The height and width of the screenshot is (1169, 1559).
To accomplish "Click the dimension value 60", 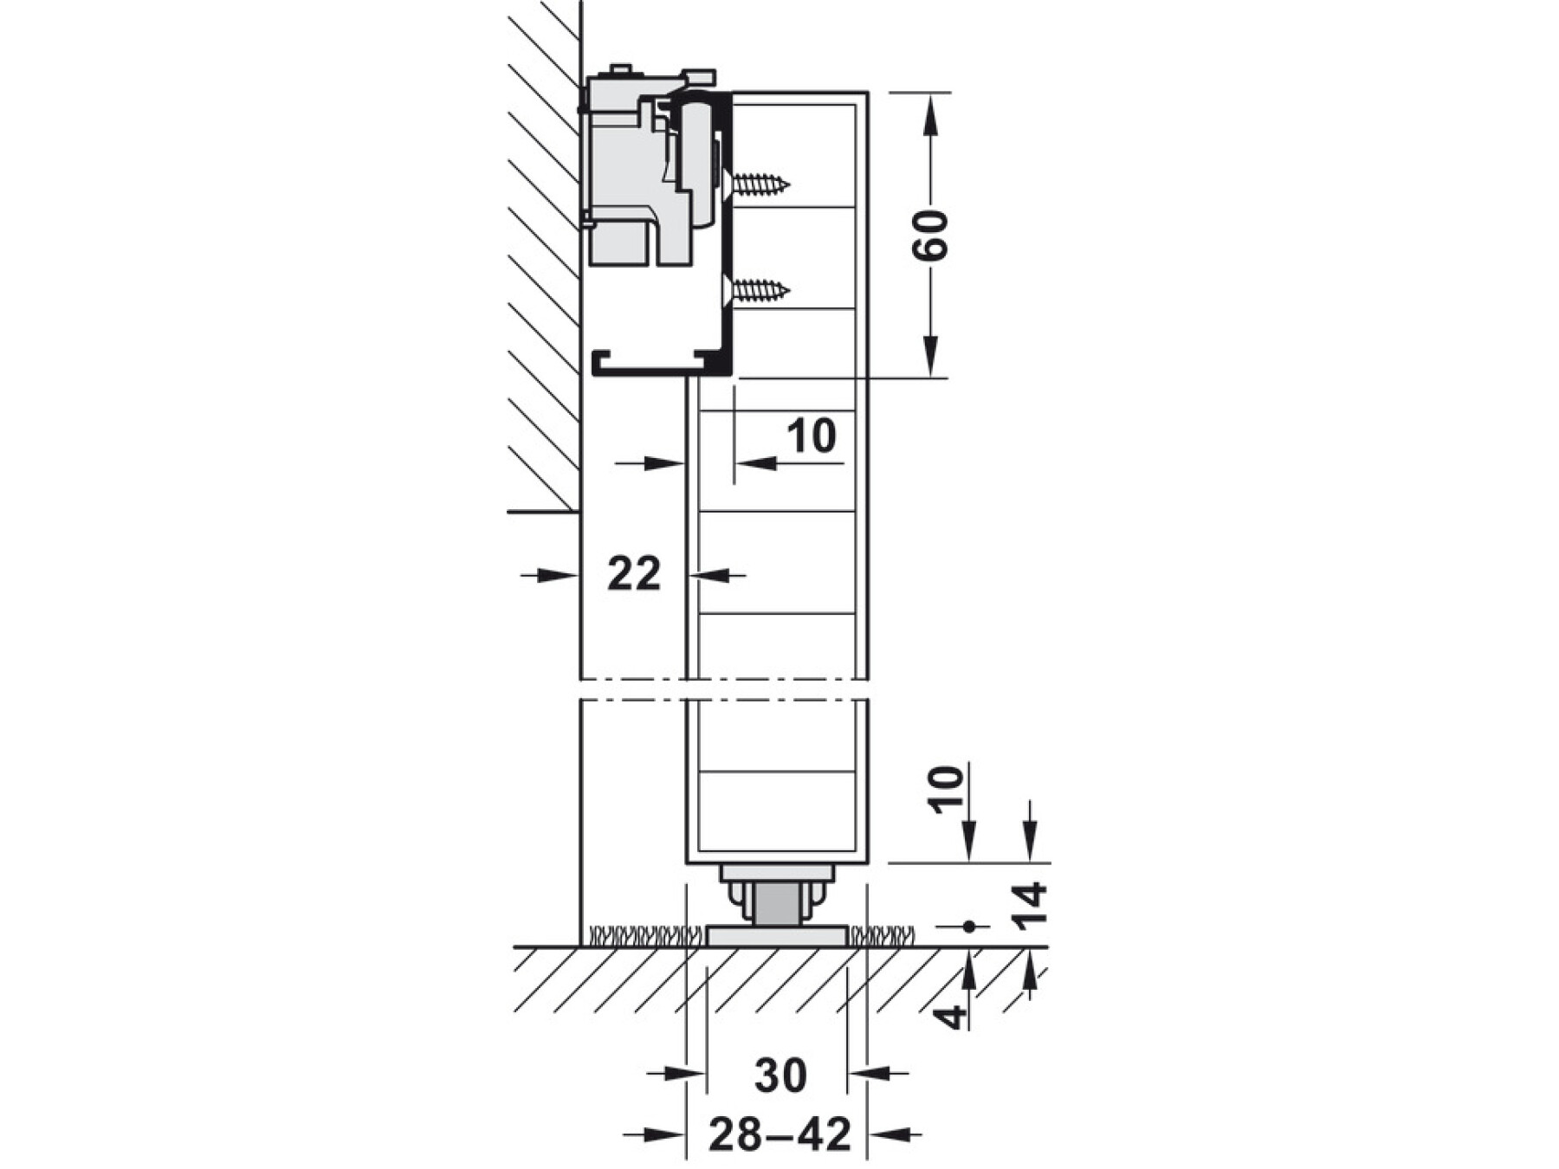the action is pos(931,234).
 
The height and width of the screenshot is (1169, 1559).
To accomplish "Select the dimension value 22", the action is pos(634,573).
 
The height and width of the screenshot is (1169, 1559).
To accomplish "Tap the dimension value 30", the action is pos(780,1075).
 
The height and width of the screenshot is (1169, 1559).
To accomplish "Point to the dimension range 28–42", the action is pos(779,1134).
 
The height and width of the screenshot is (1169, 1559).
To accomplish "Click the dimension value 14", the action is pos(1031,907).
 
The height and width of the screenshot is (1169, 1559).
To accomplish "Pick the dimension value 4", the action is pos(952,1014).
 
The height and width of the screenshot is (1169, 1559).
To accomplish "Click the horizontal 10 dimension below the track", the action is pos(812,436).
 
